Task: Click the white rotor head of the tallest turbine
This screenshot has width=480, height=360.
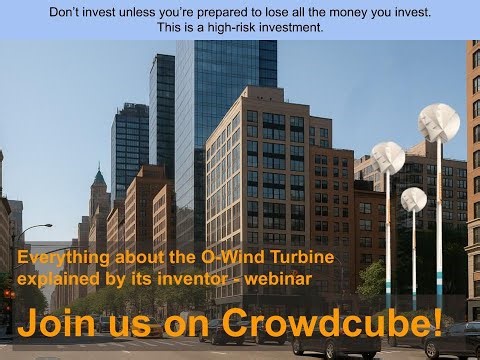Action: click(x=438, y=122)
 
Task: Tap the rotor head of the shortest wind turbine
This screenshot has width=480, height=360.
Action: click(x=413, y=198)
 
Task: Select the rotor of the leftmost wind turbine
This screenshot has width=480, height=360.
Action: click(x=387, y=157)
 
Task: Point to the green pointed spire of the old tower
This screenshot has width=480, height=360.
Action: click(x=99, y=178)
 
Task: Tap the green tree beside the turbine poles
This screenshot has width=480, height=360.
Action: click(x=373, y=282)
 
